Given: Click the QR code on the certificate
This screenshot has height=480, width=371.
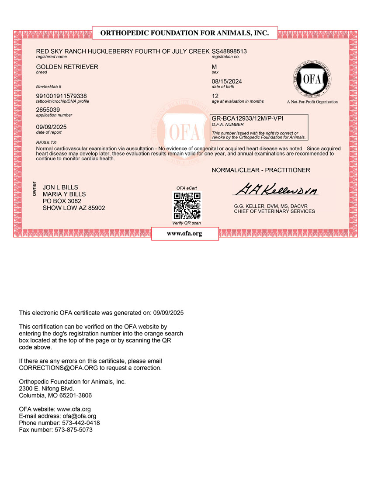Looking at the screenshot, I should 187,206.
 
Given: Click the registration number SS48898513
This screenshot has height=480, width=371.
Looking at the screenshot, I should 229,52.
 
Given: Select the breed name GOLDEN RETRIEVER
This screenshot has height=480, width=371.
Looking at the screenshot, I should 67,67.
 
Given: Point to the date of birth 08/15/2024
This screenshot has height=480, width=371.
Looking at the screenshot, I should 227,82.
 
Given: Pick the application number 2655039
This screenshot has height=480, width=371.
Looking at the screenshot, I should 48,110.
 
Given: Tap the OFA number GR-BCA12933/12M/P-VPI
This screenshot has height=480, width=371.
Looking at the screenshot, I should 250,118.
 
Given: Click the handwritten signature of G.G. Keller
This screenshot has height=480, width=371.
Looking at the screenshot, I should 275,189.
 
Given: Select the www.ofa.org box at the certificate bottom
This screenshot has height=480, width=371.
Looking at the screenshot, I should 185,234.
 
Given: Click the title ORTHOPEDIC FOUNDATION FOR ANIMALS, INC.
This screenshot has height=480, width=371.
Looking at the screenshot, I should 184,33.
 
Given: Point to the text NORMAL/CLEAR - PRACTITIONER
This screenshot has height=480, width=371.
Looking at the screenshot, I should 261,170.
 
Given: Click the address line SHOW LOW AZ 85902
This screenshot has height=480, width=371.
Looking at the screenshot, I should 73,208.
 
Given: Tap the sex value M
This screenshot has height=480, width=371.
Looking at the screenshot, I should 214,67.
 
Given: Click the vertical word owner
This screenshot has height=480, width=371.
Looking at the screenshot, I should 35,187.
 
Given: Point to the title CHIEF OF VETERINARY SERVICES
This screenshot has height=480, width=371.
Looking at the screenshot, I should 274,211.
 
